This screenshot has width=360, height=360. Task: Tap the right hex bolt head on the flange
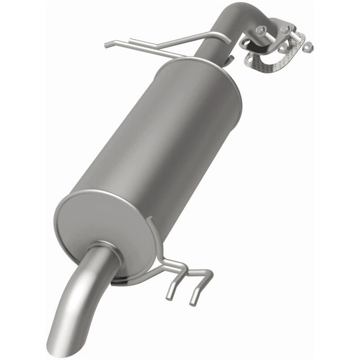(285, 29)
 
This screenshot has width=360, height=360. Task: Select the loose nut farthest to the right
(309, 46)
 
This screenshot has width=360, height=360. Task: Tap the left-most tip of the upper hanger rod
(106, 45)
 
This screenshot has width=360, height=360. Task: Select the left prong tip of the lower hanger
(181, 297)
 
